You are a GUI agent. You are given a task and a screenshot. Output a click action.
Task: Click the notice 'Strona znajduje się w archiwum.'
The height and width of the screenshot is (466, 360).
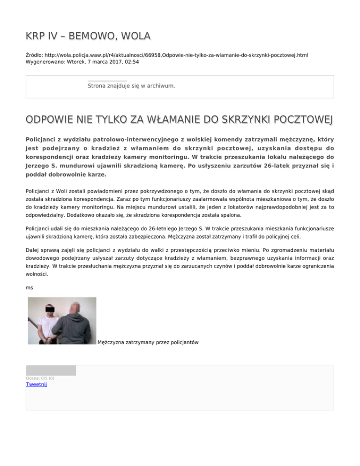click(131, 86)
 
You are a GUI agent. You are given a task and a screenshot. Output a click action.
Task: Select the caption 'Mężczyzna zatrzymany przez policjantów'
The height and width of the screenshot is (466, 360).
click(148, 343)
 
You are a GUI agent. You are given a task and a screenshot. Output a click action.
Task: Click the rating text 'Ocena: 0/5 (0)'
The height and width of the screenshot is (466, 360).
click(40, 378)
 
